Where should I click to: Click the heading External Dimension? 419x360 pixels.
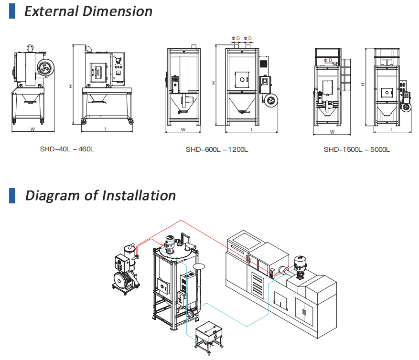(88, 11)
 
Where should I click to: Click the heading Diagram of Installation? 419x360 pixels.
(100, 195)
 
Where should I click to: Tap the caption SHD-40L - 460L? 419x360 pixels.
(67, 149)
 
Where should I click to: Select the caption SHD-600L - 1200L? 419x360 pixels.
(217, 149)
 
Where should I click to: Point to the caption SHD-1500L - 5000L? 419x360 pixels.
(357, 149)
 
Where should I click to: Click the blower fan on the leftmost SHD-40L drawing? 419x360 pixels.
(46, 68)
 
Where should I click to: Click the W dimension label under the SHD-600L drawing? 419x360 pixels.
(183, 129)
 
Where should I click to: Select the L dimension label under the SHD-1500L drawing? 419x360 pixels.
(393, 129)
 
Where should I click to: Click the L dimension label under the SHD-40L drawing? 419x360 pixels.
(106, 129)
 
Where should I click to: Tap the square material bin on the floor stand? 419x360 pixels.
(208, 332)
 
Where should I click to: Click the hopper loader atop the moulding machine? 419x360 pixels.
(301, 264)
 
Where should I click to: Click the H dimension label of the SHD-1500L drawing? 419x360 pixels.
(363, 84)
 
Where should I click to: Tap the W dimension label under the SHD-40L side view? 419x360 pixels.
(32, 129)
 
